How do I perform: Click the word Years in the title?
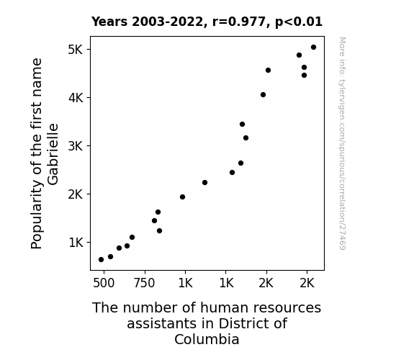109,22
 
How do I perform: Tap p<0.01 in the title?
299,22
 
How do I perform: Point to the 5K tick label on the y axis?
76,50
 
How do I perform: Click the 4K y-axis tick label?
76,98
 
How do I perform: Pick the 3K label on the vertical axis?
76,145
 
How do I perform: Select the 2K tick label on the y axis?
76,194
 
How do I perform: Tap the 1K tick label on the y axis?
76,243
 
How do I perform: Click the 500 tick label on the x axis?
104,283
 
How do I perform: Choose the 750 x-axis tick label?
144,283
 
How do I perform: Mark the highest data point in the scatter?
313,48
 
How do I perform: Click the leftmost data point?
101,260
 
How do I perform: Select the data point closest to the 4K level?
263,94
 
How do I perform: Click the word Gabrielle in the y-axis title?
53,154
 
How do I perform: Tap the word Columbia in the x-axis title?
207,339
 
